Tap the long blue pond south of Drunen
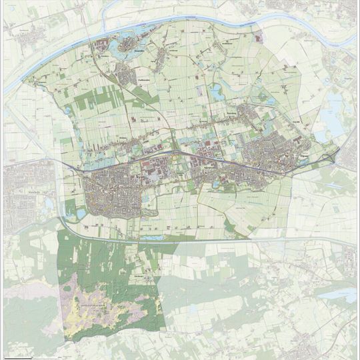[151, 237]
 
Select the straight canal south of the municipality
[200, 239]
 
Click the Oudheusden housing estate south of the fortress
[127, 73]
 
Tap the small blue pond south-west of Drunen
[80, 214]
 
